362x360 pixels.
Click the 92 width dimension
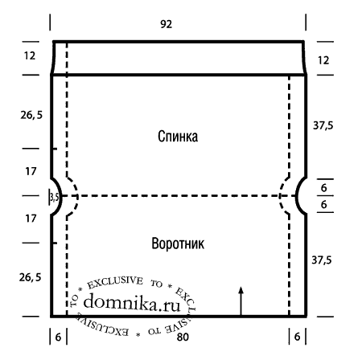click(x=167, y=24)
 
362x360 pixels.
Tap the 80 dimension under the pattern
click(x=183, y=337)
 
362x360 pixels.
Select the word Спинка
click(x=178, y=137)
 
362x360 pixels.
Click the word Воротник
click(x=178, y=243)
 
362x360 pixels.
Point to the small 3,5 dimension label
click(x=55, y=198)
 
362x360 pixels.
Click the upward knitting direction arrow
click(x=241, y=301)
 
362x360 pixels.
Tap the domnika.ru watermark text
click(x=132, y=303)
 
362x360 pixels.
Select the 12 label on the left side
click(x=30, y=55)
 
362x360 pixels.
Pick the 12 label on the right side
click(x=323, y=60)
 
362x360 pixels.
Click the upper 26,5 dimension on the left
click(x=31, y=115)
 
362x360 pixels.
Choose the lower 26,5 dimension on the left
click(x=30, y=277)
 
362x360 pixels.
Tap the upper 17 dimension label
click(x=31, y=171)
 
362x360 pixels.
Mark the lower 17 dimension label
click(x=31, y=219)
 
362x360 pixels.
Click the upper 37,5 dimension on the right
click(x=323, y=125)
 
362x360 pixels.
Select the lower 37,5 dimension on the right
click(x=322, y=260)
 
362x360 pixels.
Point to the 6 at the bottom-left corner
click(x=58, y=337)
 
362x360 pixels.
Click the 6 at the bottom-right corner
click(x=297, y=337)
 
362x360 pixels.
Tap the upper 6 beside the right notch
click(x=324, y=188)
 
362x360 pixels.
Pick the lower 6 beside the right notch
click(x=324, y=205)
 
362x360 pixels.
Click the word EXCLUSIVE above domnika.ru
click(x=115, y=283)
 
